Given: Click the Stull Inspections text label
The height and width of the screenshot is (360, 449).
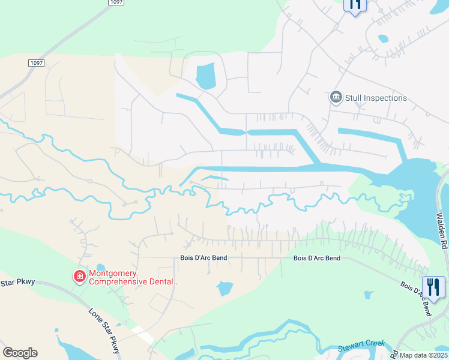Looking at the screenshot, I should [376, 98].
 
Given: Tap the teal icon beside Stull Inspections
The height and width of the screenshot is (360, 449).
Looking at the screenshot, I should [336, 97].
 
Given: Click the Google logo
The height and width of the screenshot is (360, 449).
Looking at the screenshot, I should [20, 353].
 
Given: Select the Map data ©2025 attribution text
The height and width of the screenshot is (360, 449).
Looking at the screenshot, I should [423, 355].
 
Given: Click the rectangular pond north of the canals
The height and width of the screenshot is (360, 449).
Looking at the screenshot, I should [205, 76].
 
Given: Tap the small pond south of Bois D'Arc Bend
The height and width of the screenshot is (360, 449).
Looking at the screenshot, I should [225, 289].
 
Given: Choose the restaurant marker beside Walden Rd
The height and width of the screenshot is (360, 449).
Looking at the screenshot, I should [433, 286].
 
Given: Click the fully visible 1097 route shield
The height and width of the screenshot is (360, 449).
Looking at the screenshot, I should [36, 62].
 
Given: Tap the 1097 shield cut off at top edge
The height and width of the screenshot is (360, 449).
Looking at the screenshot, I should [118, 2].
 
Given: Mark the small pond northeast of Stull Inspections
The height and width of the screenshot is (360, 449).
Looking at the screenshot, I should [383, 39].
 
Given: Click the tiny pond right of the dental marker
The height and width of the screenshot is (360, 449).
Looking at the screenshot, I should [100, 268].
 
